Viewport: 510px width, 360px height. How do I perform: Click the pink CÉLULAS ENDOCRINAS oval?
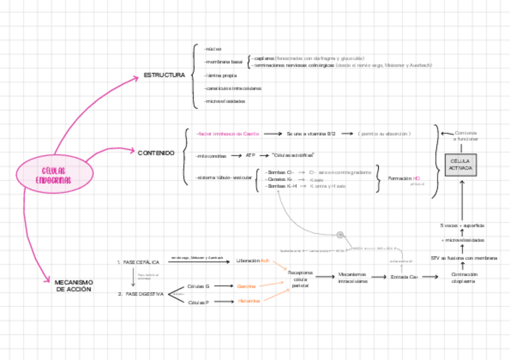click(54, 176)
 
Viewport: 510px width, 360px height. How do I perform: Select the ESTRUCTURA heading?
click(164, 75)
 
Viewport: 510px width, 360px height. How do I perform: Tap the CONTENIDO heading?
click(156, 153)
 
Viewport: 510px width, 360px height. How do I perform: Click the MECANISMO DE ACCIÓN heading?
click(73, 285)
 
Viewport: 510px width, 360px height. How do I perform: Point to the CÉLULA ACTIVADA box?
click(460, 165)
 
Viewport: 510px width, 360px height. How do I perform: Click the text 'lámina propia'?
click(221, 76)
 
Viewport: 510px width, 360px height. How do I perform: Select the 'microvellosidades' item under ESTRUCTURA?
click(225, 101)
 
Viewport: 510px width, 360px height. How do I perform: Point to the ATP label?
click(250, 156)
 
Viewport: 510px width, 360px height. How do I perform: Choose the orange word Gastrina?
click(247, 286)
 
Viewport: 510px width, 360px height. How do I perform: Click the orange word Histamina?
click(248, 301)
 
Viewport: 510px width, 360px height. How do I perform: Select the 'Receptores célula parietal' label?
click(300, 279)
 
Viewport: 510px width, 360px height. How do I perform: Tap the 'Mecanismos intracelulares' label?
click(352, 278)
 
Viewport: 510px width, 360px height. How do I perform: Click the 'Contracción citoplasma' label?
click(464, 278)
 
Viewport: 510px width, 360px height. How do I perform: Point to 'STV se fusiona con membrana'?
click(464, 258)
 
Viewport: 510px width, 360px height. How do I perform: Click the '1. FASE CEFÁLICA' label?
click(138, 263)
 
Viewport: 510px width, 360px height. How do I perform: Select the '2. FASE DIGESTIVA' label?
click(141, 294)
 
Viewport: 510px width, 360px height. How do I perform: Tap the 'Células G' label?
click(198, 287)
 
